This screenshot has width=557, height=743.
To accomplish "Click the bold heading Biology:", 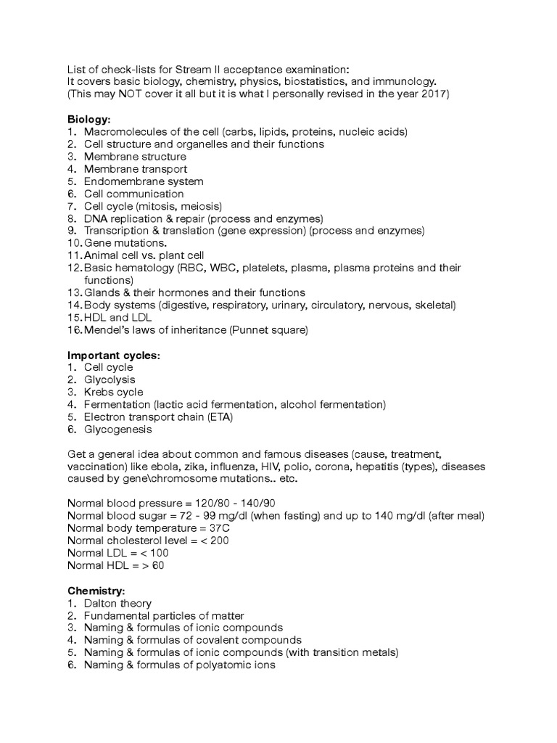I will click(89, 118).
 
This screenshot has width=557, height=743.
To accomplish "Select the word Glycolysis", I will click(110, 379).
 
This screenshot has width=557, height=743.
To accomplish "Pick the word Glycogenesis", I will click(117, 430).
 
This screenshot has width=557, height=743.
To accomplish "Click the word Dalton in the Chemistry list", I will click(101, 604).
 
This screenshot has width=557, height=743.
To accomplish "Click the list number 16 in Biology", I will click(74, 330).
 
